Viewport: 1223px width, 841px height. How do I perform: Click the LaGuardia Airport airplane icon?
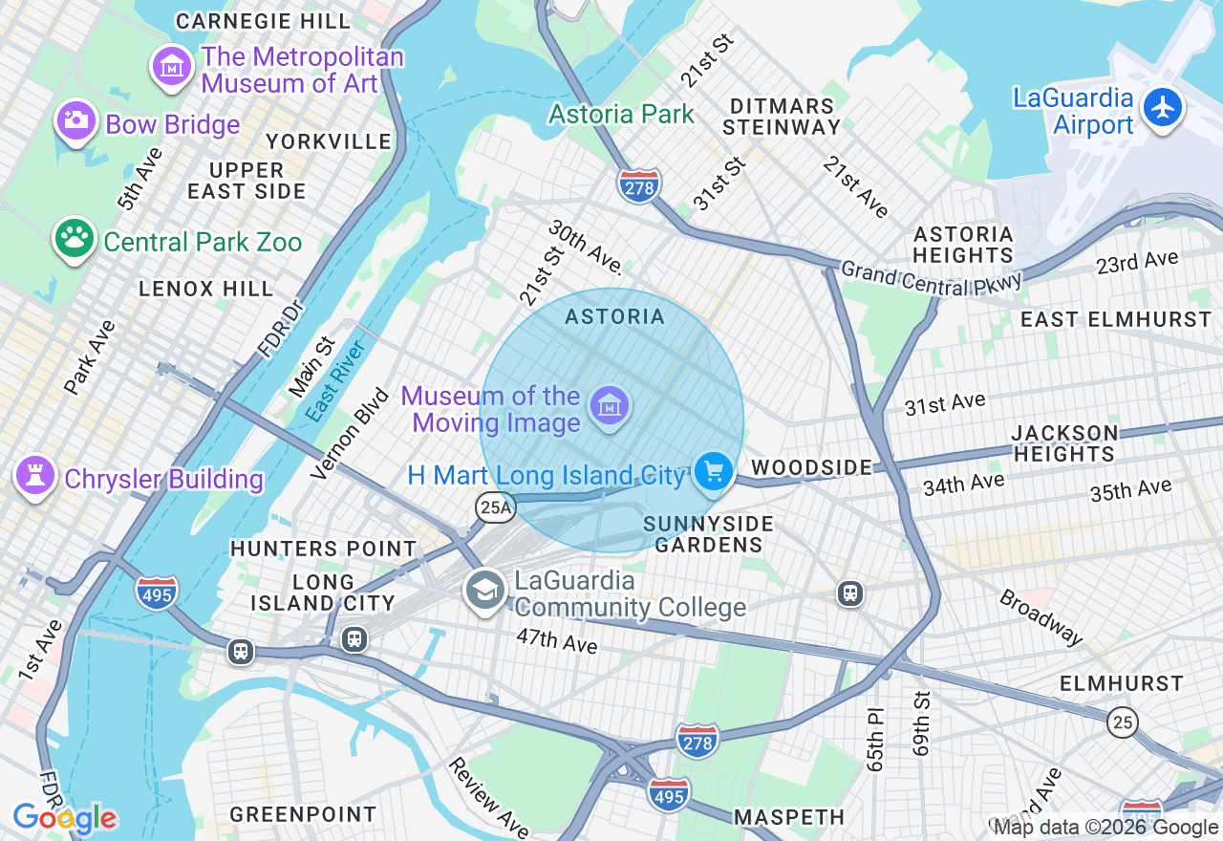coord(1163,107)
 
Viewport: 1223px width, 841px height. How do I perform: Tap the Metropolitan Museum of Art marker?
coord(172,67)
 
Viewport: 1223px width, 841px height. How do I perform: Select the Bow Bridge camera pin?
coord(75,121)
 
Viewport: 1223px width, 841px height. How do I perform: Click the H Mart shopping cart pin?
coord(713,471)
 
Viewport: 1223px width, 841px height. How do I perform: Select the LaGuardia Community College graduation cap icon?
coord(484,591)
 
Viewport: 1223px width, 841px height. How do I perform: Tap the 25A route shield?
coord(496,507)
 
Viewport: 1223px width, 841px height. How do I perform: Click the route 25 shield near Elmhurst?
coord(1123,722)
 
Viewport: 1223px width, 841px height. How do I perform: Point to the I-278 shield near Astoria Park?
coord(639,187)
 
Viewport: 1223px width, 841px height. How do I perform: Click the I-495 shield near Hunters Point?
coord(157,591)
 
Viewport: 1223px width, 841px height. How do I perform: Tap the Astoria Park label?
coord(621,115)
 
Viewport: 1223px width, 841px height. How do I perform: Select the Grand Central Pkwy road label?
coord(932,278)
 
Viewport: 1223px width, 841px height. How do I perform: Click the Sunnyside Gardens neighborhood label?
coord(707,534)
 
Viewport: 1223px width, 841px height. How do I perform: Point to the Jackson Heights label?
coord(1064,443)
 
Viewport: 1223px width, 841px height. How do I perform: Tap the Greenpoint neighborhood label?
coord(304,814)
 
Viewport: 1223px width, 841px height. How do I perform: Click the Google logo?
coord(64,818)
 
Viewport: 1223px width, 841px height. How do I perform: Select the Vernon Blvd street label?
coord(351,433)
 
